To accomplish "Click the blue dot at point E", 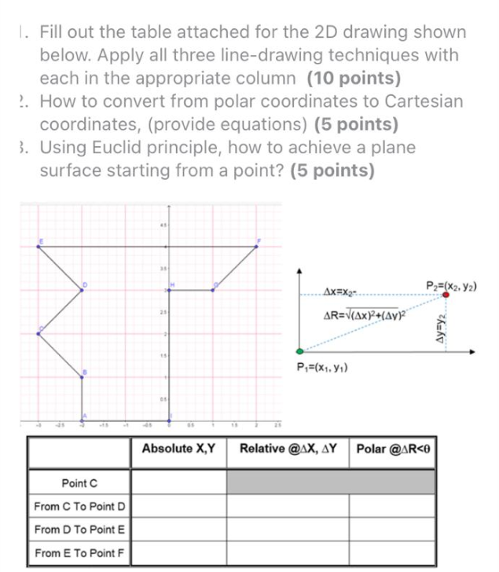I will coord(39,247).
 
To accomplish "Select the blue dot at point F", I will coord(259,246).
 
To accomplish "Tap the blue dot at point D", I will coord(83,289).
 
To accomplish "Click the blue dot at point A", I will coord(83,420).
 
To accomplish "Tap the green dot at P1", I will coord(299,351).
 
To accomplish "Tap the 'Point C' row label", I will coord(80,482).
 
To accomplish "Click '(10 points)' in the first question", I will coord(354,79).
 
